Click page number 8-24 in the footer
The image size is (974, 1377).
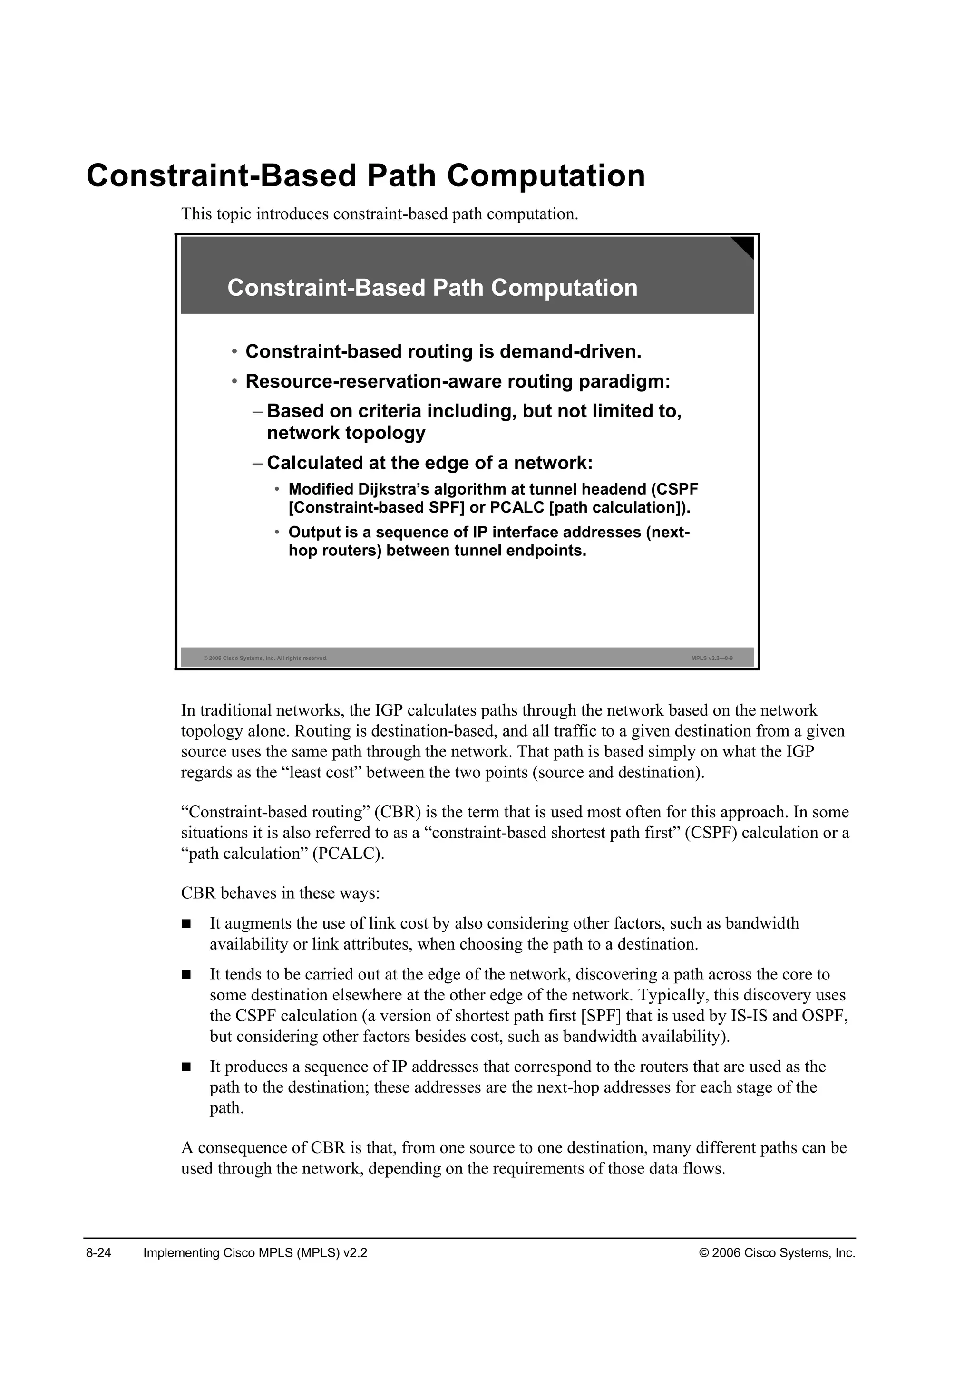99,1253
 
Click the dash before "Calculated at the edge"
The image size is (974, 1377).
258,463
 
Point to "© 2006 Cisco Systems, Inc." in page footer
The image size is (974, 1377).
777,1253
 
